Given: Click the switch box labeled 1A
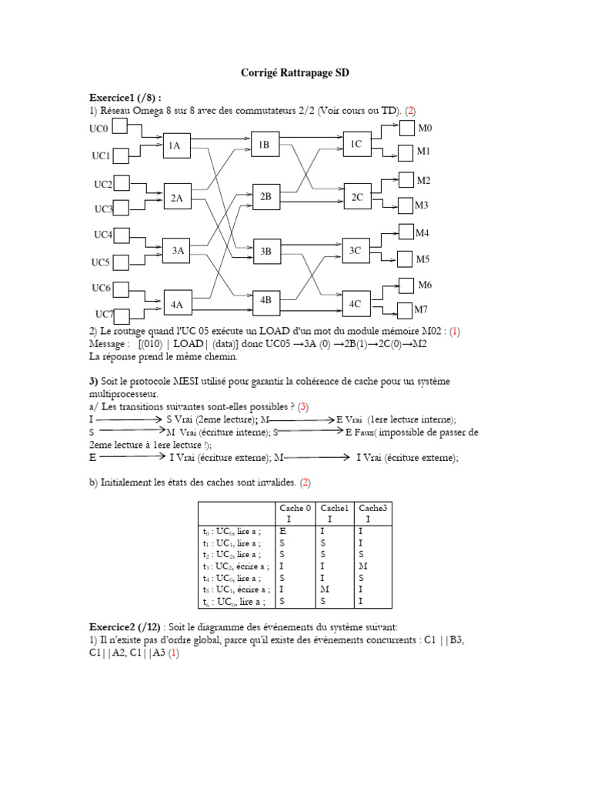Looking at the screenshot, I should (x=176, y=146).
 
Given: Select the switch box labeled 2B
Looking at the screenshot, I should (x=265, y=197).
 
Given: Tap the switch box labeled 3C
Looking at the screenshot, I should (x=356, y=250).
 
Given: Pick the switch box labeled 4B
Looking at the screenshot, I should (x=265, y=300).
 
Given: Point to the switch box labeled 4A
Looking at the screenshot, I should (x=177, y=304).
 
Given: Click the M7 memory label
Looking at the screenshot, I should (x=421, y=309).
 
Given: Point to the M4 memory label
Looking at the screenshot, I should (x=422, y=232).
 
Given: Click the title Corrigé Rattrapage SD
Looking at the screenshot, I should (x=295, y=72).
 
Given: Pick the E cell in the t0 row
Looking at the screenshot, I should (x=282, y=531).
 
